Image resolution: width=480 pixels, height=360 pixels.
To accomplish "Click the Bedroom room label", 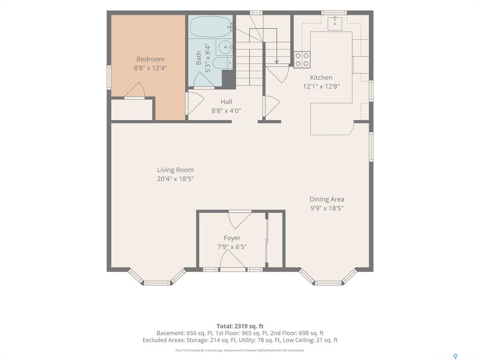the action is pos(150,59).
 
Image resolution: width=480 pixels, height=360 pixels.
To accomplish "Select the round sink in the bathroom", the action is pos(225,47).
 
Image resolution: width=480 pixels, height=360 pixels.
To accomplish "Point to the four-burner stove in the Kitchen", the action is pos(302,60).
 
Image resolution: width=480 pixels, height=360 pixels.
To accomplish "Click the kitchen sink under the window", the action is pos(335,23).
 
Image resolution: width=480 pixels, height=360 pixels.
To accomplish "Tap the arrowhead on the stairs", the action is pos(277,62).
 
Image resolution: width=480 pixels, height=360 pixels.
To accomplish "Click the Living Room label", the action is pos(175,170).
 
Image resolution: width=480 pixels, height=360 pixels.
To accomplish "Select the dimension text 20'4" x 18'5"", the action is pos(175,179).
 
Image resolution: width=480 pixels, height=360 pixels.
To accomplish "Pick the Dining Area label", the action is pos(327,199).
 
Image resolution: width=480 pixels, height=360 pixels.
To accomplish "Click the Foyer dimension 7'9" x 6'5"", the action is pos(232,247).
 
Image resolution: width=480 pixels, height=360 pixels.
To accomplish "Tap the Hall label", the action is pos(226,102).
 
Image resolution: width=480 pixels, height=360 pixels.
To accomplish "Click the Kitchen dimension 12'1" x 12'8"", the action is pos(321,86).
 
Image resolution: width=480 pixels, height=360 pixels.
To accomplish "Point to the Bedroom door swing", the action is pos(135,90).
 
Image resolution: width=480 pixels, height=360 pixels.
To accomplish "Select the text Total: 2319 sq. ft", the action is pos(240,326).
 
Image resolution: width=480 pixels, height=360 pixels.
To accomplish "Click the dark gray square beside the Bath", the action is pos(229,79).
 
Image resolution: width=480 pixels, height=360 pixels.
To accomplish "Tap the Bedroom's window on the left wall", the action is pos(109,78).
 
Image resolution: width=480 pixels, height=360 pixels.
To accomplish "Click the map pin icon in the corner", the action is pos(455,356).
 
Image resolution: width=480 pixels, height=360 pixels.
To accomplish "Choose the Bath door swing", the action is pos(204,80).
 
